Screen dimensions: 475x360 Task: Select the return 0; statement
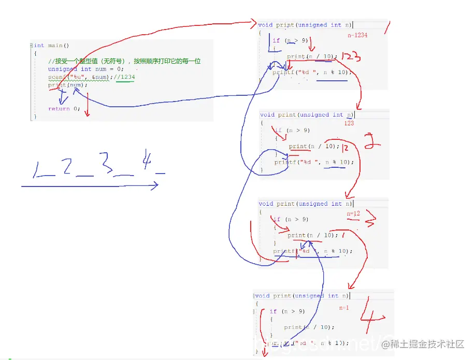(x=64, y=109)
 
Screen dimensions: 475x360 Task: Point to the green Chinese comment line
(x=124, y=61)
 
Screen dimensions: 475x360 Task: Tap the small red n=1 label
(x=344, y=308)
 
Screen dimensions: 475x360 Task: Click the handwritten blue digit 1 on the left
(x=37, y=170)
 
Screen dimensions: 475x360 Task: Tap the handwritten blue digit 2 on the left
(x=66, y=167)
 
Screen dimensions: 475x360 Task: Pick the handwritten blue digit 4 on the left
(x=147, y=163)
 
